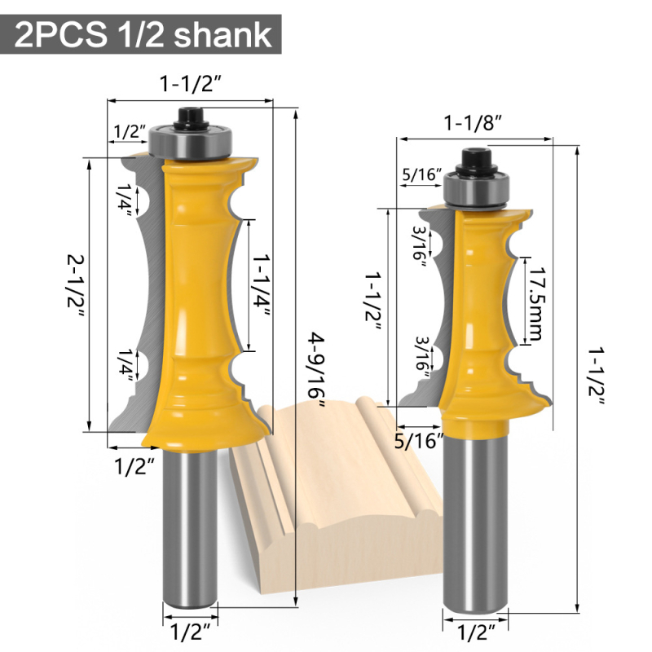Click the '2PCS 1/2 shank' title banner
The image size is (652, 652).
[x=140, y=34]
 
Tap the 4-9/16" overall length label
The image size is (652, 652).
[x=316, y=370]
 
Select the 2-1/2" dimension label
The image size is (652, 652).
[x=76, y=288]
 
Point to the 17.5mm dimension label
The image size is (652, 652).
[x=536, y=302]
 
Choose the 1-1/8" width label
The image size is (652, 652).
[x=474, y=124]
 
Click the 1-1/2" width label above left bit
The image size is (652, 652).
[x=191, y=84]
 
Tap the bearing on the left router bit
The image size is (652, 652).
[x=191, y=141]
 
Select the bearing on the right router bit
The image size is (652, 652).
[x=476, y=189]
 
